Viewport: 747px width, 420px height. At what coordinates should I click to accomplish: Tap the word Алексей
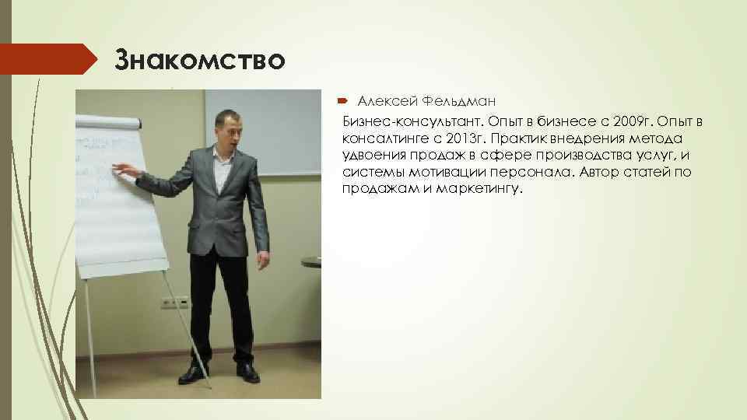click(384, 102)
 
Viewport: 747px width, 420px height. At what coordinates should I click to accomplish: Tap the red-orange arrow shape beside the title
click(47, 59)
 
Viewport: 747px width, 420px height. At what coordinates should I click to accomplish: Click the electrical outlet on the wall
click(175, 301)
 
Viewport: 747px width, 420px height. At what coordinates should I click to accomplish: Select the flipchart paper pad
click(117, 194)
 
